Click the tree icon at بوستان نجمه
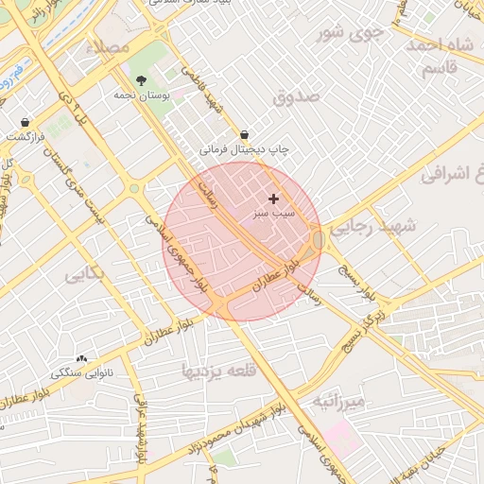click(141, 80)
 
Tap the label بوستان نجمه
click(141, 95)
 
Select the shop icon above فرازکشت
click(24, 122)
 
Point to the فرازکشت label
click(24, 136)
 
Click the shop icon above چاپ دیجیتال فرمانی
click(245, 134)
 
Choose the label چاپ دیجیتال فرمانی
click(244, 149)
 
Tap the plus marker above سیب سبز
click(274, 199)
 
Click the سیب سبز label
click(274, 215)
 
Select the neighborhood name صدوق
click(297, 96)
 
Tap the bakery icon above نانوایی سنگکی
click(81, 358)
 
